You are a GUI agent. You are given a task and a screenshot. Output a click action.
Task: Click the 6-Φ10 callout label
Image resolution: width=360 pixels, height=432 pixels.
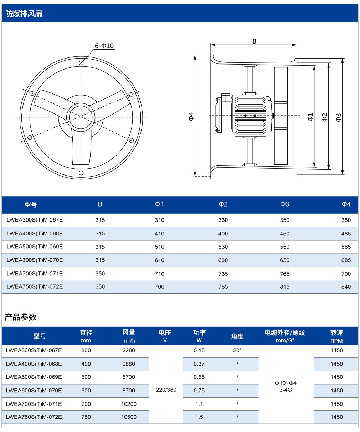click(104, 46)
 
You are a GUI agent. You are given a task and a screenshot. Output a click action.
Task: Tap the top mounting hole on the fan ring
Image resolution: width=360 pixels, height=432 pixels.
click(81, 63)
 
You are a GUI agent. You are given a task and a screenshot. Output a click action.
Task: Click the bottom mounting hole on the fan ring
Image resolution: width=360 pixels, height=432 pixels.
click(81, 173)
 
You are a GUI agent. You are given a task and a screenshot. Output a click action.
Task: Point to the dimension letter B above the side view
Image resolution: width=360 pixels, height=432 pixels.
click(254, 41)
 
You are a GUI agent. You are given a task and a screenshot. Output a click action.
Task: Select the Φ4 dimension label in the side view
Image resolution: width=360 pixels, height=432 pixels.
click(191, 117)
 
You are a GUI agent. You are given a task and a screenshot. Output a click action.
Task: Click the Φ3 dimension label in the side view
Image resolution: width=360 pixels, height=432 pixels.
click(339, 117)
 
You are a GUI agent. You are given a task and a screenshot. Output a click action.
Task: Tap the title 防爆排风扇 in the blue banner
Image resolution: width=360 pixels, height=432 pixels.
click(24, 14)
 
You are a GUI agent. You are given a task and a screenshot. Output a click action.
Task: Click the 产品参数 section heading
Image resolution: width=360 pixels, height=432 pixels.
click(21, 317)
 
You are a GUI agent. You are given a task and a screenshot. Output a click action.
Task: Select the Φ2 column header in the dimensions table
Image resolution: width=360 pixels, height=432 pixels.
click(223, 204)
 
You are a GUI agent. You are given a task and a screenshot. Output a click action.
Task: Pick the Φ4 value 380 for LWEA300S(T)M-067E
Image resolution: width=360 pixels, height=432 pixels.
click(346, 220)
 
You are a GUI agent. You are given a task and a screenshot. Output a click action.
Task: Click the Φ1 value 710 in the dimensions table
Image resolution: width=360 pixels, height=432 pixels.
click(159, 274)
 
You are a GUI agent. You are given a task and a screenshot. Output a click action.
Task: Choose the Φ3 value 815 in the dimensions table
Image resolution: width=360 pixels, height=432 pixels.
click(284, 286)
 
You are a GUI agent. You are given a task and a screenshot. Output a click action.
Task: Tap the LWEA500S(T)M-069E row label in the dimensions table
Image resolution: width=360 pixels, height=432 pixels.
click(35, 247)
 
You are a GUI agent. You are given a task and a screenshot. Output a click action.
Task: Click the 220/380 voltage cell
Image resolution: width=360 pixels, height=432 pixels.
click(166, 390)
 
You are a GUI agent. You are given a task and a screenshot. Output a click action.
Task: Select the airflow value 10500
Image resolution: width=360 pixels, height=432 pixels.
click(129, 417)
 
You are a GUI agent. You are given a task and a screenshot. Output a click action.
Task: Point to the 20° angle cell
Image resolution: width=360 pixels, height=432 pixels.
click(237, 350)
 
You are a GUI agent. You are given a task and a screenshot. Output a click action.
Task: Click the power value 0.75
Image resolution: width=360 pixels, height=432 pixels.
click(199, 390)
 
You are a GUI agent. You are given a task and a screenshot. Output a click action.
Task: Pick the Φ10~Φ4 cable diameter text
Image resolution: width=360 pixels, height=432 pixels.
click(286, 383)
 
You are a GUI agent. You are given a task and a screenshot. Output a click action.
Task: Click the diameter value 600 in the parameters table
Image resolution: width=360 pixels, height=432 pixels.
click(86, 390)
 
